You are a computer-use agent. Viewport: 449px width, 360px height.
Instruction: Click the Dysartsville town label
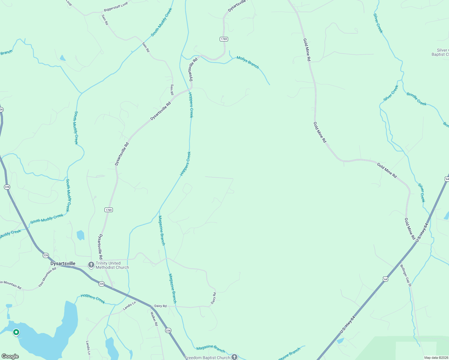[x=63, y=264]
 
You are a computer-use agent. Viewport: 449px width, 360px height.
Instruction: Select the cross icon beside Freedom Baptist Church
[x=234, y=357]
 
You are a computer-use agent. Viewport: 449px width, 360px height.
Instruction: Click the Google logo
[x=10, y=356]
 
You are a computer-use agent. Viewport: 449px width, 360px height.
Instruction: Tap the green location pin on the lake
[x=16, y=332]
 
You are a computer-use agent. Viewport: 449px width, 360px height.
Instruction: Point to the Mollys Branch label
[x=248, y=62]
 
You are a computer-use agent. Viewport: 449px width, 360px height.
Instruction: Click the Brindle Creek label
[x=416, y=99]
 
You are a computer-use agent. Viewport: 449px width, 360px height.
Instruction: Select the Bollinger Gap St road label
[x=405, y=275]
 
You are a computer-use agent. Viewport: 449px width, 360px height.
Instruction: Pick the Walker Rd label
[x=154, y=319]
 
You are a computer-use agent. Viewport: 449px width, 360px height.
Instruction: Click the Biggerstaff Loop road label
[x=116, y=7]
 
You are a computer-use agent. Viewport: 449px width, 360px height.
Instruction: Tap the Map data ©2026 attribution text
[x=436, y=358]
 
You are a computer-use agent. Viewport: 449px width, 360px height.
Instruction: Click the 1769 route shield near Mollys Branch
[x=224, y=39]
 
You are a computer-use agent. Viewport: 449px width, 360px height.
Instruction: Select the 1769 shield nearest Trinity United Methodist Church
[x=109, y=210]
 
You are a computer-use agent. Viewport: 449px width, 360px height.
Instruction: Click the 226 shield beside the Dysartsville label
[x=46, y=255]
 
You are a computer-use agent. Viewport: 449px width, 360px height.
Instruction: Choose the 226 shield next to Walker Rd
[x=168, y=330]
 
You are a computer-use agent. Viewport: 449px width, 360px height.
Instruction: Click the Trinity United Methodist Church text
[x=112, y=265]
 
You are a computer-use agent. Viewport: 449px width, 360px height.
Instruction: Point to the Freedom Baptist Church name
[x=207, y=358]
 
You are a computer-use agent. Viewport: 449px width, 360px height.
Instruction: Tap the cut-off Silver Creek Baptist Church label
[x=440, y=52]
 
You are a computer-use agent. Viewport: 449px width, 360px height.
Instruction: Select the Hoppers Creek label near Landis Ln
[x=93, y=299]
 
